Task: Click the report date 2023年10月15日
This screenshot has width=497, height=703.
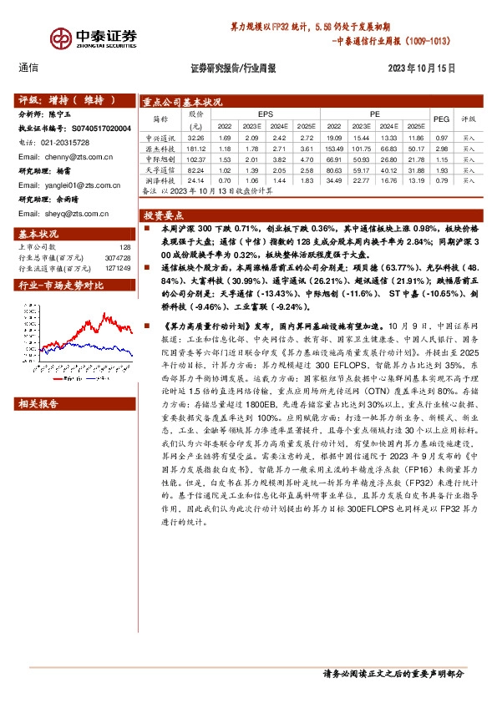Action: (420, 69)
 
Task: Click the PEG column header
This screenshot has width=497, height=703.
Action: (442, 119)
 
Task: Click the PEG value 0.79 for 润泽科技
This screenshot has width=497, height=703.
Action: (442, 180)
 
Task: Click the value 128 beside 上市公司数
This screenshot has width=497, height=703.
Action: (125, 247)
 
